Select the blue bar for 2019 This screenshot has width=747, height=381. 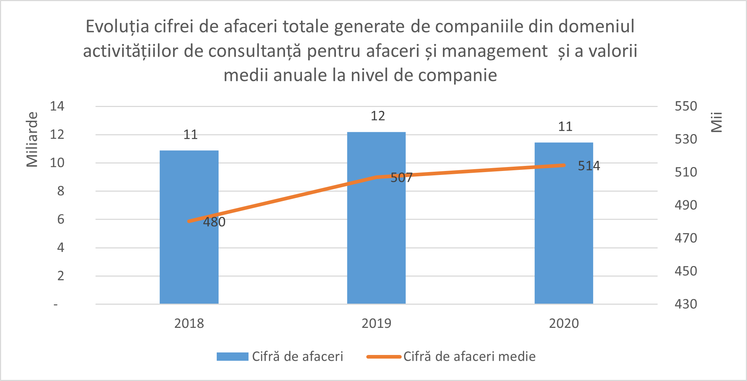376,246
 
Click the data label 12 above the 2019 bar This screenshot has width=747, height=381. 378,116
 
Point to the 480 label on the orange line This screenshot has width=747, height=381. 214,222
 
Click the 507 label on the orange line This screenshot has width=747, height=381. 401,177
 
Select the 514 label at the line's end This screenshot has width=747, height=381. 589,166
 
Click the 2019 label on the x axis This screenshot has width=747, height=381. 376,323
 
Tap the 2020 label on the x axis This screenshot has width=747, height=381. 564,323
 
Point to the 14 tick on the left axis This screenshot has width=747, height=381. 57,106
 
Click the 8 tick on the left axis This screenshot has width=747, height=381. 61,191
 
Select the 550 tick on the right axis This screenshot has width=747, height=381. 686,106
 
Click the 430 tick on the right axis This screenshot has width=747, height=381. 686,304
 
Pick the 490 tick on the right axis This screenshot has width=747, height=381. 686,205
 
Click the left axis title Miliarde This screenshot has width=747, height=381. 32,140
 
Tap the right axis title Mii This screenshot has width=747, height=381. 716,122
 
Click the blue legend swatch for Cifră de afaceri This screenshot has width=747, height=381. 232,356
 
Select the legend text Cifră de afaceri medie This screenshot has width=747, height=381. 469,356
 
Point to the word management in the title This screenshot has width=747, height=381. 495,51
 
